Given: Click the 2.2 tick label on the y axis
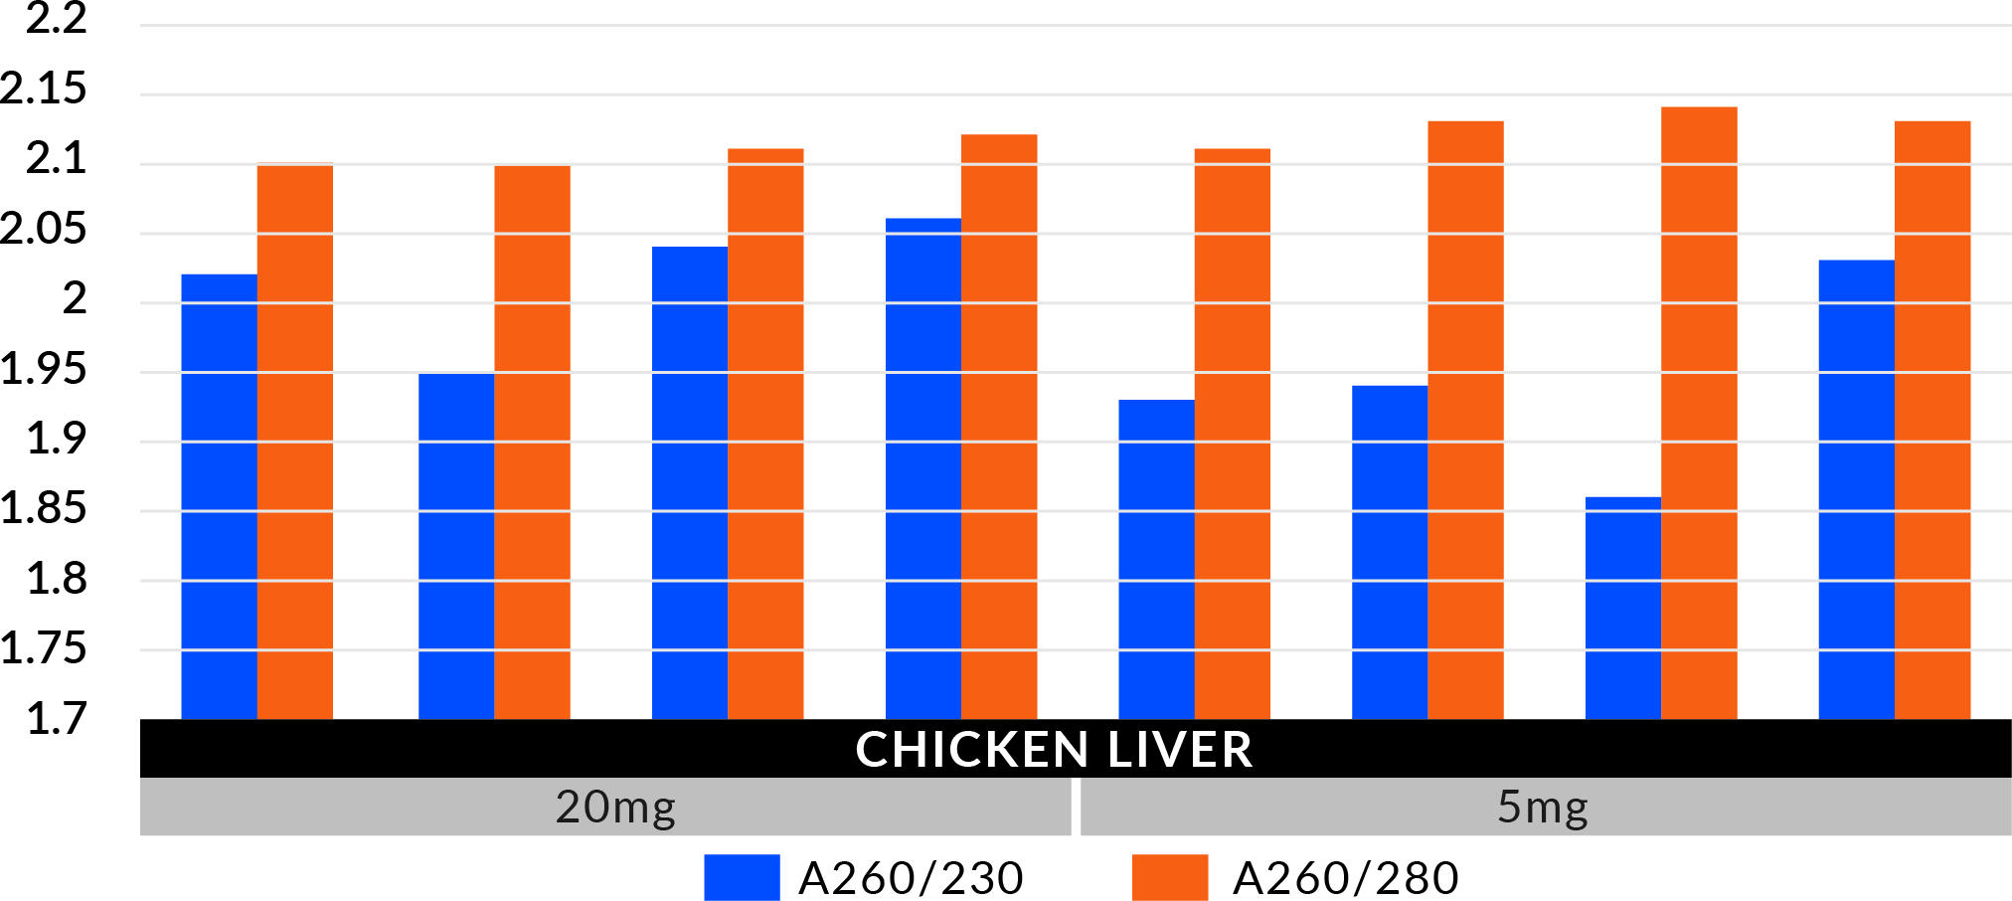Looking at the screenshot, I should click(57, 18).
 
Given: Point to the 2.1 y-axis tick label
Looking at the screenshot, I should click(57, 158).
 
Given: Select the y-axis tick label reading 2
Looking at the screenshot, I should click(75, 298).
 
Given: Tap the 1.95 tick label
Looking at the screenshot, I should click(44, 369).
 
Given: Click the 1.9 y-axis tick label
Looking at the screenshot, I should click(57, 439).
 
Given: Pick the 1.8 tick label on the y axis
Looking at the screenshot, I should click(57, 579).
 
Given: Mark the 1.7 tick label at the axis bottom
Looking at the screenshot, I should click(57, 718).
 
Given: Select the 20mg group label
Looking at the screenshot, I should click(615, 807).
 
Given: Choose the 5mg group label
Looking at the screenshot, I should click(1543, 807).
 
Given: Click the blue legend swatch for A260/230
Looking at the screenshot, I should click(742, 877).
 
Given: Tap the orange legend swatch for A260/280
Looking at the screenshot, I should click(1170, 877).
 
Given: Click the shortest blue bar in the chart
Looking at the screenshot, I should click(1622, 608).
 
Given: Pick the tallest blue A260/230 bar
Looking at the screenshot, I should click(922, 467).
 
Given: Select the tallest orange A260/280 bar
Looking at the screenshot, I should click(1699, 413).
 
